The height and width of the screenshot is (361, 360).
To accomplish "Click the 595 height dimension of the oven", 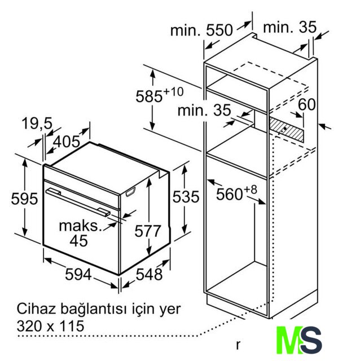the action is pos(24,198).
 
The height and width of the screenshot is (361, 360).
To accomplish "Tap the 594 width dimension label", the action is pos(78,274).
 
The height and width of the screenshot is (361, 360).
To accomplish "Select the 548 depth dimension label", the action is pos(150,274).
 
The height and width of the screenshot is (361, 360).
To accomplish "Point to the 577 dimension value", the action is pos(148,231).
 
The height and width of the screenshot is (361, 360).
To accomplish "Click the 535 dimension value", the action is pos(186,197).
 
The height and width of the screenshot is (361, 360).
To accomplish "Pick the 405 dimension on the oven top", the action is pos(67,142).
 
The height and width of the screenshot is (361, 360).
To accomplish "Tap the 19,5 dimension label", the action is pos(37,124).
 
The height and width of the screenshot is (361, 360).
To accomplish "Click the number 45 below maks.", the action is pos(79,241).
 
